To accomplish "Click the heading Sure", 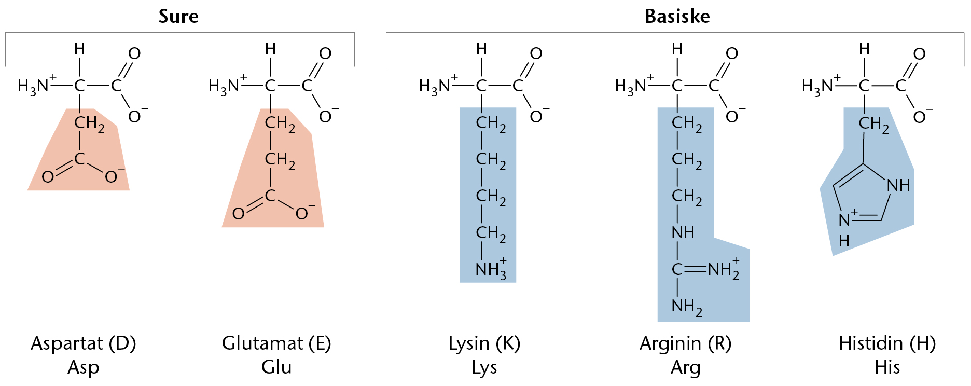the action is [178, 17].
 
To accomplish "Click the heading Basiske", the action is [677, 17].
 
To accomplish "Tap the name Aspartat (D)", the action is [84, 343].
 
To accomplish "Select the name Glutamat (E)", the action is [276, 343].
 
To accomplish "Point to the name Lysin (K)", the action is [484, 343].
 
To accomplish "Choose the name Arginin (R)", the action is [685, 343].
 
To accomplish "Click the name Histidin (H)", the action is [887, 343].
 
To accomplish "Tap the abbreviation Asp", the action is [84, 367].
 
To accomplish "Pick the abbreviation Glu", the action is [276, 367].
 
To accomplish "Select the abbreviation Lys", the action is [484, 367].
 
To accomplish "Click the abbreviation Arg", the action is [685, 367].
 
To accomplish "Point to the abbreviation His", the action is [887, 367].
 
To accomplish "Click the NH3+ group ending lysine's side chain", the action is [491, 269].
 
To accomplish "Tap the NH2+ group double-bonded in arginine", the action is [724, 269].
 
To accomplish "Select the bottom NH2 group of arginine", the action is [687, 307].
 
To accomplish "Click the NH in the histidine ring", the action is [898, 185].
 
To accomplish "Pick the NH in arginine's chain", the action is [683, 232].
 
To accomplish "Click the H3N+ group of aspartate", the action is [37, 85].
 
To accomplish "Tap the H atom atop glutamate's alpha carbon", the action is [270, 49].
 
